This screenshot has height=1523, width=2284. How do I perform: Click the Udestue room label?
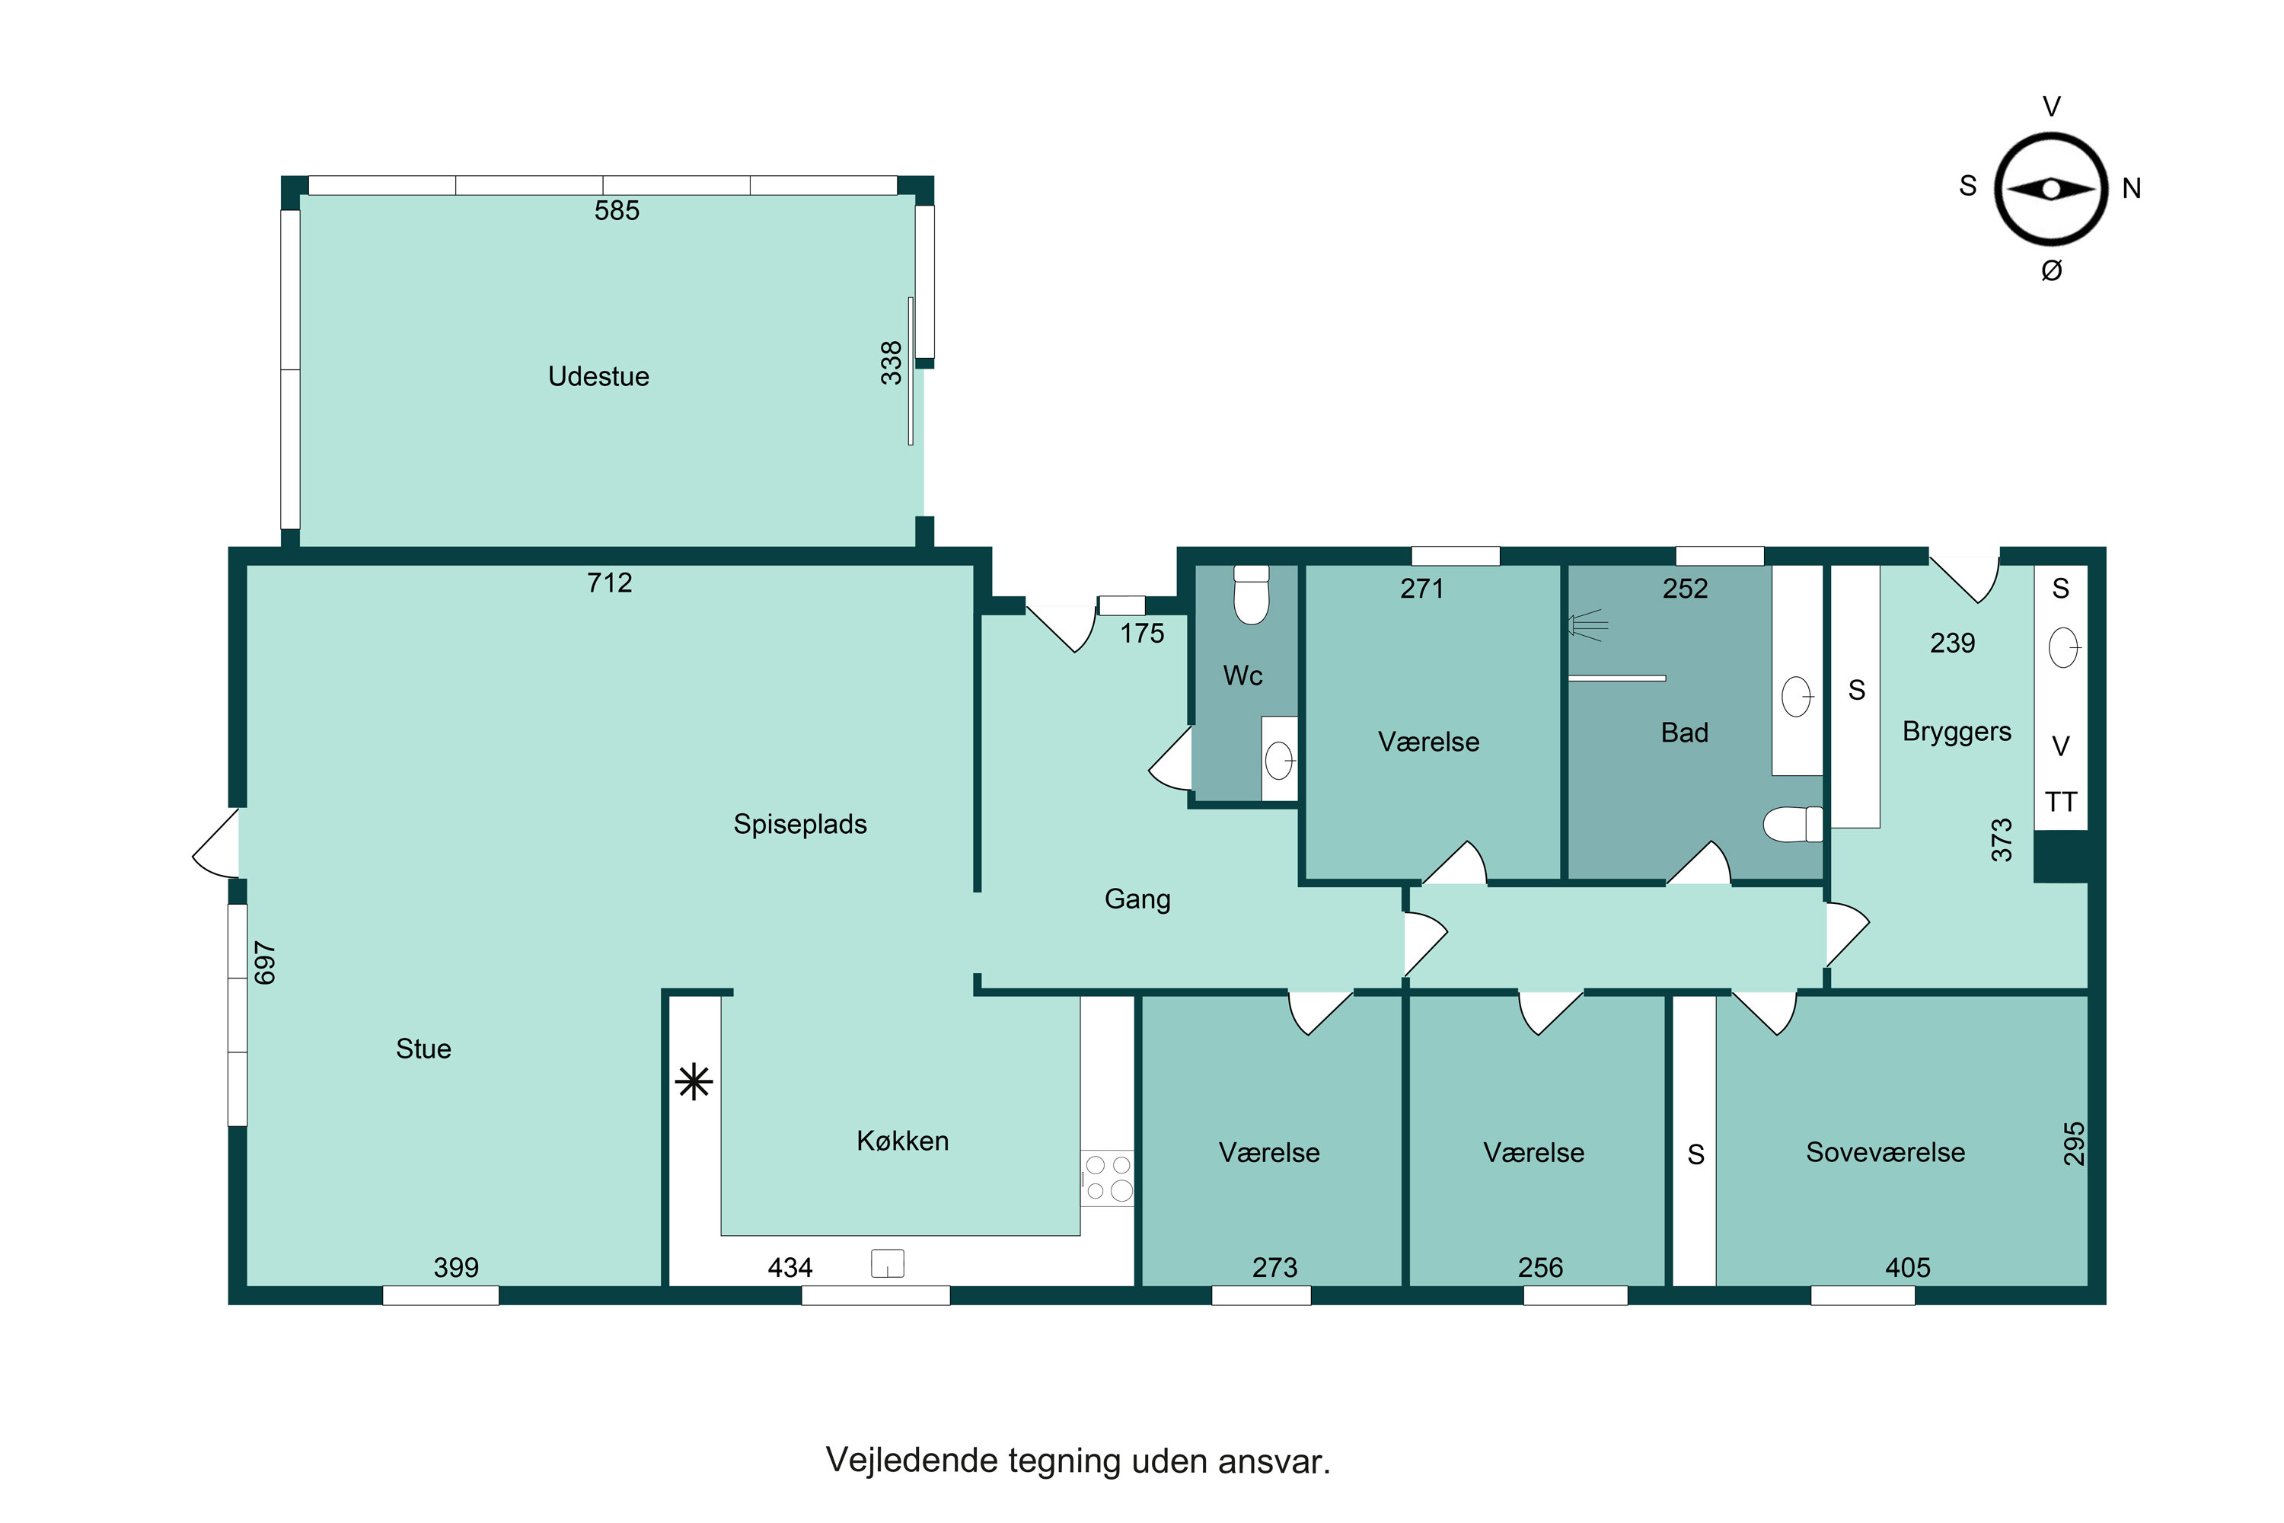click(x=598, y=377)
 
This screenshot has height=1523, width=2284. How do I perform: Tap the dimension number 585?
click(x=617, y=211)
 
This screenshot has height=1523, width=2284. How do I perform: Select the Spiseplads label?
click(x=800, y=825)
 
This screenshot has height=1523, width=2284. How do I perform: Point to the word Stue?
click(x=423, y=1049)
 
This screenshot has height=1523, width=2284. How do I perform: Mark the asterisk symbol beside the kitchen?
click(x=694, y=1081)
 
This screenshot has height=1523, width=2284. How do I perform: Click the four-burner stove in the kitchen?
click(x=1108, y=1178)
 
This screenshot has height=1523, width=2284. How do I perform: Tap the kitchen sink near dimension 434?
click(x=888, y=1263)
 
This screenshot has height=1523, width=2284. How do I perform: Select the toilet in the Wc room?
click(x=1251, y=595)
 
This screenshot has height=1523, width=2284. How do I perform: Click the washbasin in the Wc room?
click(x=1280, y=759)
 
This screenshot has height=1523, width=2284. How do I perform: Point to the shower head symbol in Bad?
click(x=1587, y=624)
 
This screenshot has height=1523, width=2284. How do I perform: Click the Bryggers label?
click(x=1957, y=731)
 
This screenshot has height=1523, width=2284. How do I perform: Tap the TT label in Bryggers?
click(x=2061, y=803)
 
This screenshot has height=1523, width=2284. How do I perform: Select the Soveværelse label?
click(x=1886, y=1153)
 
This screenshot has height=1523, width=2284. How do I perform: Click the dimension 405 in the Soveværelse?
click(x=1908, y=1268)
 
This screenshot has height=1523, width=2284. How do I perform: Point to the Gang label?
click(x=1137, y=899)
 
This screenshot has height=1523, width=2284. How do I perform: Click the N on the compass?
click(x=2132, y=188)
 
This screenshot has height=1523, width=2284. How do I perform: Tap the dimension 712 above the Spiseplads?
click(x=610, y=583)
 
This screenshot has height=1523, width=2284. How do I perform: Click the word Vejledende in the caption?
click(x=912, y=1462)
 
